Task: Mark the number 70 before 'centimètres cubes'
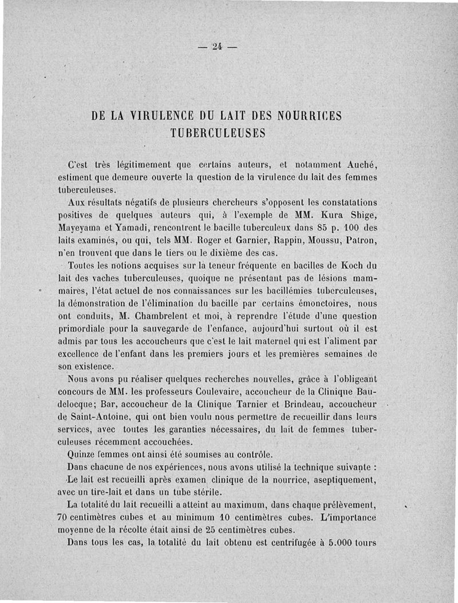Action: pos(66,517)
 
